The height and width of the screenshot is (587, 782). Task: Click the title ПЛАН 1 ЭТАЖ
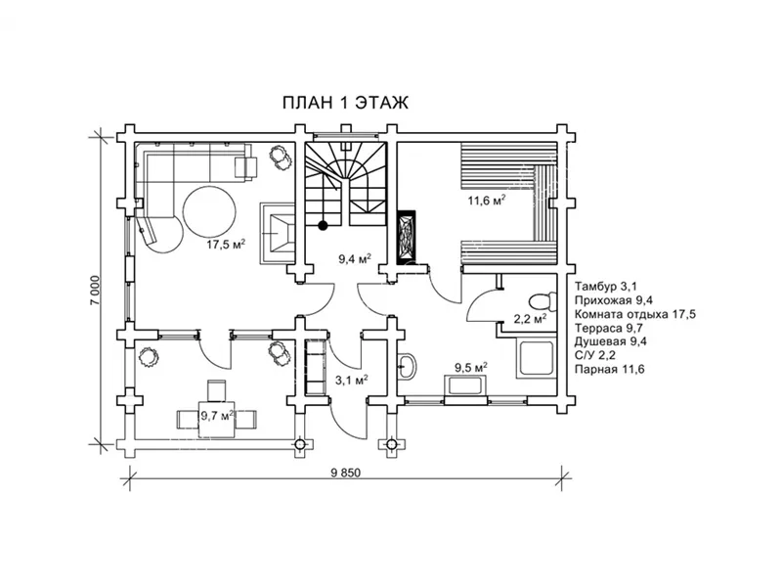(345, 103)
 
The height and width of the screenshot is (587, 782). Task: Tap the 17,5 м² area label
(226, 245)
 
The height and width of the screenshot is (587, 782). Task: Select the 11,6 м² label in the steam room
(487, 201)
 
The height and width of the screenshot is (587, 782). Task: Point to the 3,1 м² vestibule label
(352, 381)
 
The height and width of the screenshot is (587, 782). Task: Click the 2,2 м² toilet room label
(530, 319)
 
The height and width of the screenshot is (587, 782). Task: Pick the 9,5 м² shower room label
(471, 368)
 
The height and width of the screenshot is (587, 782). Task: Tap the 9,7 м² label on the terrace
(217, 415)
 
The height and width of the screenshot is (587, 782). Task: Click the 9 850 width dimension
(345, 474)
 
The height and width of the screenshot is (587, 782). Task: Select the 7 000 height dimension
(96, 291)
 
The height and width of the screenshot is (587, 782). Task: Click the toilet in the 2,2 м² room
(542, 302)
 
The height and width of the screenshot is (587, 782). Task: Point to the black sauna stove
(406, 237)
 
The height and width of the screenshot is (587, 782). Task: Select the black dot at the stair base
(324, 225)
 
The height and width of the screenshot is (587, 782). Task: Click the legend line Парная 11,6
(609, 370)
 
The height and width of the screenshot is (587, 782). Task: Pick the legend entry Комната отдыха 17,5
(634, 314)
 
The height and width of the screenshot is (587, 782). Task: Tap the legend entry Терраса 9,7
(608, 328)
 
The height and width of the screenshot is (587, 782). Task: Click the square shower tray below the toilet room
(536, 358)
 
